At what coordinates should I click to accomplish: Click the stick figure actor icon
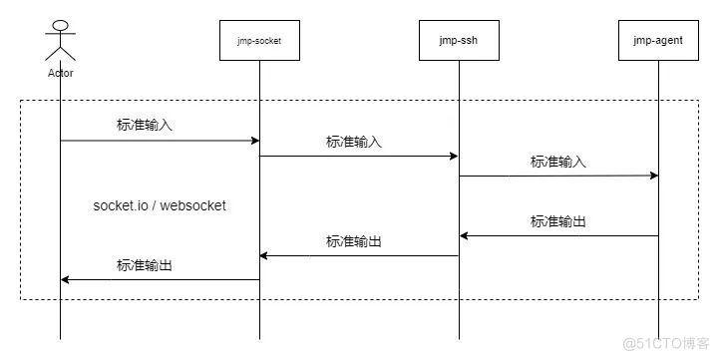point(60,40)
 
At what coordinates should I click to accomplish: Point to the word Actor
point(60,73)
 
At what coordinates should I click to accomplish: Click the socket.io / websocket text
point(160,205)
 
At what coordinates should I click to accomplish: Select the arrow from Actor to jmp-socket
point(160,141)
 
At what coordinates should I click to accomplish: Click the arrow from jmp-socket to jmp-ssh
point(359,156)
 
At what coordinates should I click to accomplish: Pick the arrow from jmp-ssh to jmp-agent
point(558,176)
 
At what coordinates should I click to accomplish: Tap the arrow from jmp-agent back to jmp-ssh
point(558,236)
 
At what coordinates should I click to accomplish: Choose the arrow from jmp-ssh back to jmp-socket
point(359,256)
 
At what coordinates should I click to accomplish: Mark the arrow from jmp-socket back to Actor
point(160,280)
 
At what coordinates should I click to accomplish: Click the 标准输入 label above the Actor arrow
point(145,126)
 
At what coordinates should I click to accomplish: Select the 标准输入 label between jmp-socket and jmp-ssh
point(354,142)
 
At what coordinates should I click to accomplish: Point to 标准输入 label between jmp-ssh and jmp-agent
point(558,162)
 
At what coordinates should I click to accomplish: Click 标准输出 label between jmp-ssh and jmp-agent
point(558,221)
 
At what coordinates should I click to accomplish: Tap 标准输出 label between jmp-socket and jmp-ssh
point(354,241)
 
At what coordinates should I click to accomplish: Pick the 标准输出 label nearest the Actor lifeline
point(145,265)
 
